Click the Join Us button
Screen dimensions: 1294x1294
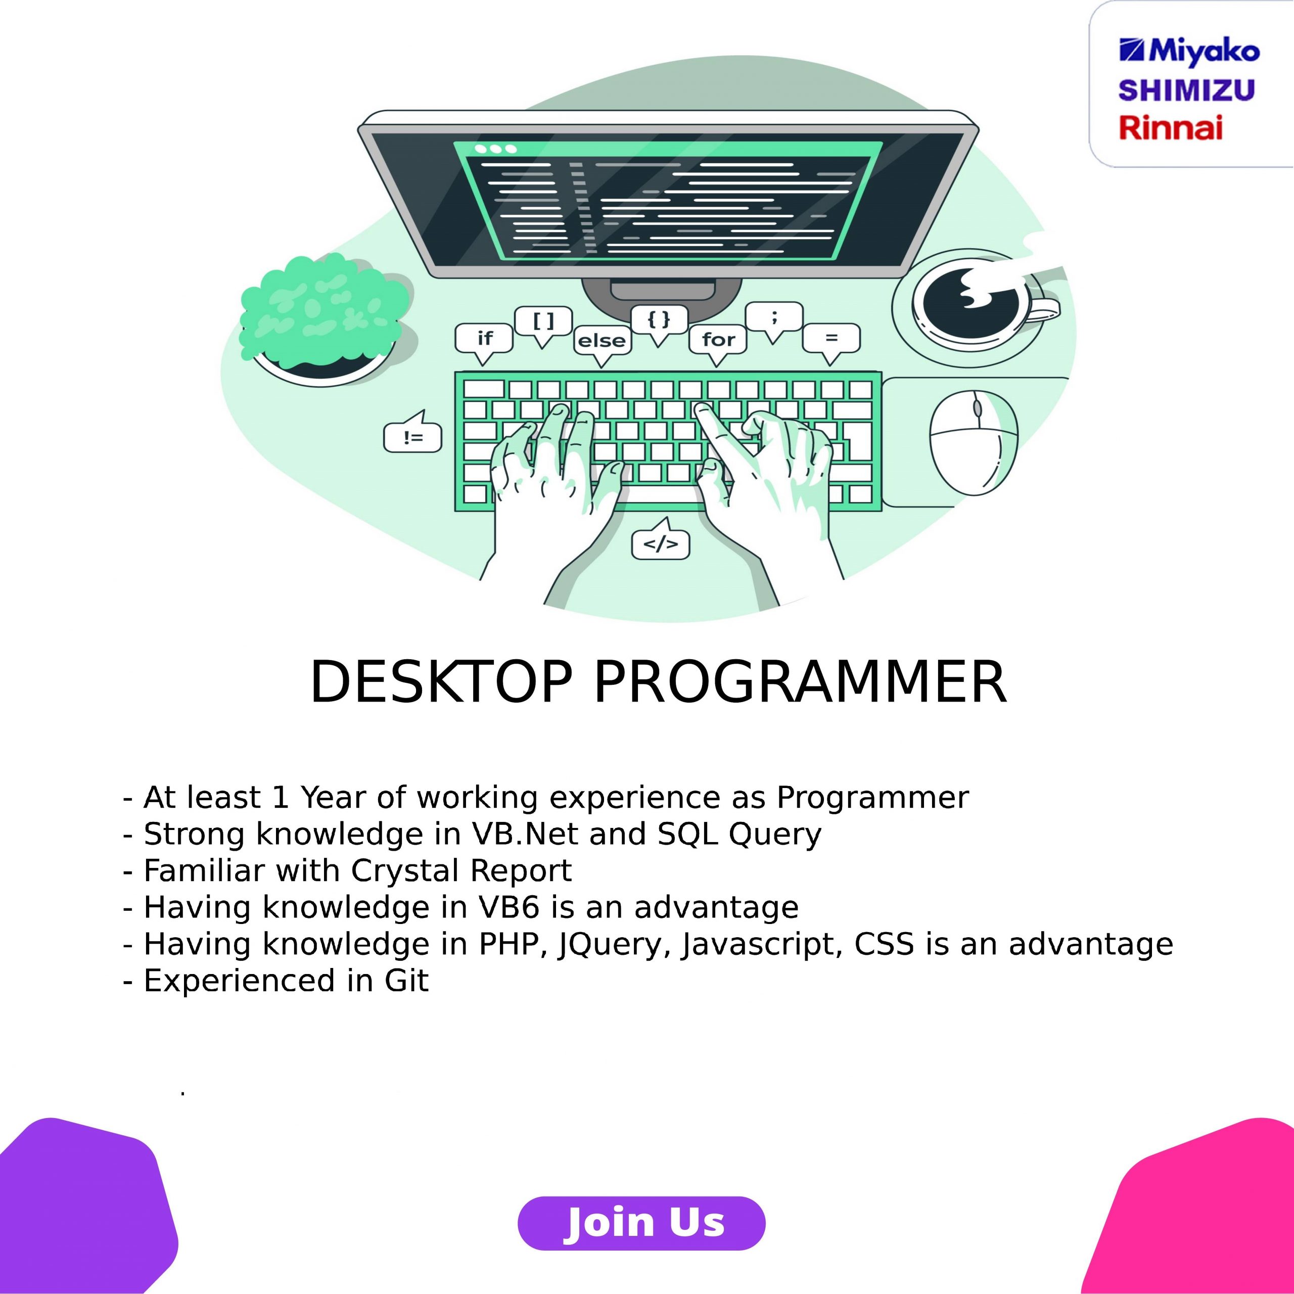(641, 1223)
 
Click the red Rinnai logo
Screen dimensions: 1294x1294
(1170, 127)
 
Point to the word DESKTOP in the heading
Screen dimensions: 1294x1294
(441, 682)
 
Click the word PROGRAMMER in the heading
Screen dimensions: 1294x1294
(800, 682)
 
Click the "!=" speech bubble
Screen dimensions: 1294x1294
(412, 435)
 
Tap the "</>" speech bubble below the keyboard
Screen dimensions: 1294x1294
(661, 540)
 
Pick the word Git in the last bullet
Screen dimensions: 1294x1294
(406, 981)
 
